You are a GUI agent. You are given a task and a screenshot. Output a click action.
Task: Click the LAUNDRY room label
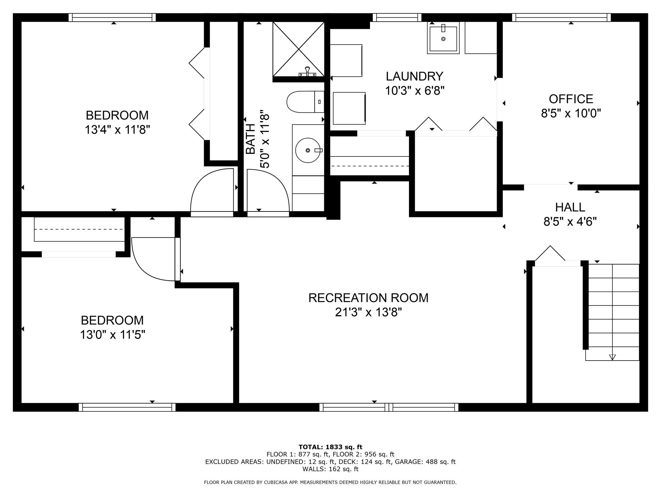414,76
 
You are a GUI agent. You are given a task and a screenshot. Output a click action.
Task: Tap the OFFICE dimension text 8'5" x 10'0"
571,113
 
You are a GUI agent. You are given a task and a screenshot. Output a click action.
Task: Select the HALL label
570,207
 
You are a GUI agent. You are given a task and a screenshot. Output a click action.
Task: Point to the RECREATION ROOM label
368,298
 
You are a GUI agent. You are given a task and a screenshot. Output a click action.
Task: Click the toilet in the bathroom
305,102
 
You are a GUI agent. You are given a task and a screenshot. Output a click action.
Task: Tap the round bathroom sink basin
308,150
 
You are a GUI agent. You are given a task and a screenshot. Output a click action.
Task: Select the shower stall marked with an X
298,49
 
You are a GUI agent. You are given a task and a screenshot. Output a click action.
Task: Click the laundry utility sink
443,38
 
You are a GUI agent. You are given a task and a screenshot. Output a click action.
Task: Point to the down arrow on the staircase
612,357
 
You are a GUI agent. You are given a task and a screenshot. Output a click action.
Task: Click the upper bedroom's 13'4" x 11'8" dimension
117,130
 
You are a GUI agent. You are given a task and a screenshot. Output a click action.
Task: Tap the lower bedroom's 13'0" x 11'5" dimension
112,335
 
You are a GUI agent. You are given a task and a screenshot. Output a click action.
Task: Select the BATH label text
251,139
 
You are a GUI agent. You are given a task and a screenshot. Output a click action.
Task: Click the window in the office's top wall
562,17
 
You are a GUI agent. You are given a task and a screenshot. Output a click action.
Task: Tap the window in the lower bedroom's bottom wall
127,407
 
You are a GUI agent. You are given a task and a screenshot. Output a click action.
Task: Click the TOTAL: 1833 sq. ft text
330,447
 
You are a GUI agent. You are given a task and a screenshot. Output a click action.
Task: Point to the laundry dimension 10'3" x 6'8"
414,91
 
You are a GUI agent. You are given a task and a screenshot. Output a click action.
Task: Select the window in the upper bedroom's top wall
112,17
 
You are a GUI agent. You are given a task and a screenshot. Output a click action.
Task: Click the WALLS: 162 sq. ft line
330,469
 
